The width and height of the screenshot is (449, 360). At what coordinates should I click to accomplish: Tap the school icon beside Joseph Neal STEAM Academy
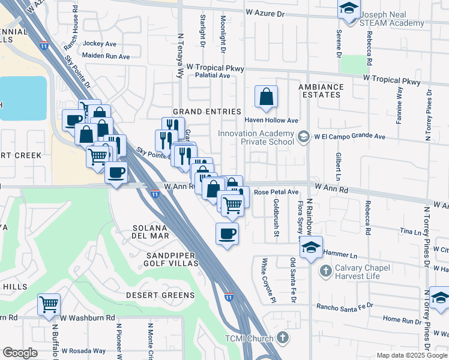tap(348, 8)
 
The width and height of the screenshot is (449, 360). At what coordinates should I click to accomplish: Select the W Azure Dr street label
tap(273, 12)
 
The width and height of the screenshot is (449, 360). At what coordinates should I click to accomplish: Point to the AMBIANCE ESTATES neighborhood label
tap(321, 91)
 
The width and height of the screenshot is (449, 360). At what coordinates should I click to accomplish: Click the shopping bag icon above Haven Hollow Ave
tap(266, 96)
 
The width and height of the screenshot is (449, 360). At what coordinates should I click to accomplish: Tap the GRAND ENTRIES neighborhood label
tap(206, 112)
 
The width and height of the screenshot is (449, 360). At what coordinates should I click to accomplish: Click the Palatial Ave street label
tap(208, 76)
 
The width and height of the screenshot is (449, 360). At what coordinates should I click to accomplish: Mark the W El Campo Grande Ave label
tap(349, 136)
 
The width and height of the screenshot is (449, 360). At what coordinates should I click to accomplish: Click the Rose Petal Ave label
tap(276, 192)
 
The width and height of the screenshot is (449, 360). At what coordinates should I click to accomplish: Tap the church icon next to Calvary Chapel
tap(326, 271)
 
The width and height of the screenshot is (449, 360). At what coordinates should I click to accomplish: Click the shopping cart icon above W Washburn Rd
tap(49, 304)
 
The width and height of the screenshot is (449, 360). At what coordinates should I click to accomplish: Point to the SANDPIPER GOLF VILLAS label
tap(160, 259)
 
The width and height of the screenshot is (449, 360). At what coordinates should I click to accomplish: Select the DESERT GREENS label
tap(160, 295)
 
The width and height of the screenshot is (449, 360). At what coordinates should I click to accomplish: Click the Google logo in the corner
tap(20, 353)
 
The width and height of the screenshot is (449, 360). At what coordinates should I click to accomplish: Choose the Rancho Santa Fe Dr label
tap(345, 305)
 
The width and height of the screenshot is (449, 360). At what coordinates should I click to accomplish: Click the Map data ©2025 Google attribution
tap(411, 355)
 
